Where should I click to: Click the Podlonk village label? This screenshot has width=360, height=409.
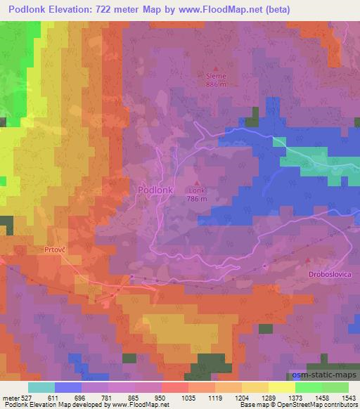click(151, 190)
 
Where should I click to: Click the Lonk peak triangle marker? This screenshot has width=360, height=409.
click(197, 183)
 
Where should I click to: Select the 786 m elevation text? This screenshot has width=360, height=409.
click(197, 199)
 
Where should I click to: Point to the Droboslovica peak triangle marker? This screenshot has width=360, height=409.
click(309, 261)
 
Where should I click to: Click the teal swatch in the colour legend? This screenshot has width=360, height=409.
click(41, 387)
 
